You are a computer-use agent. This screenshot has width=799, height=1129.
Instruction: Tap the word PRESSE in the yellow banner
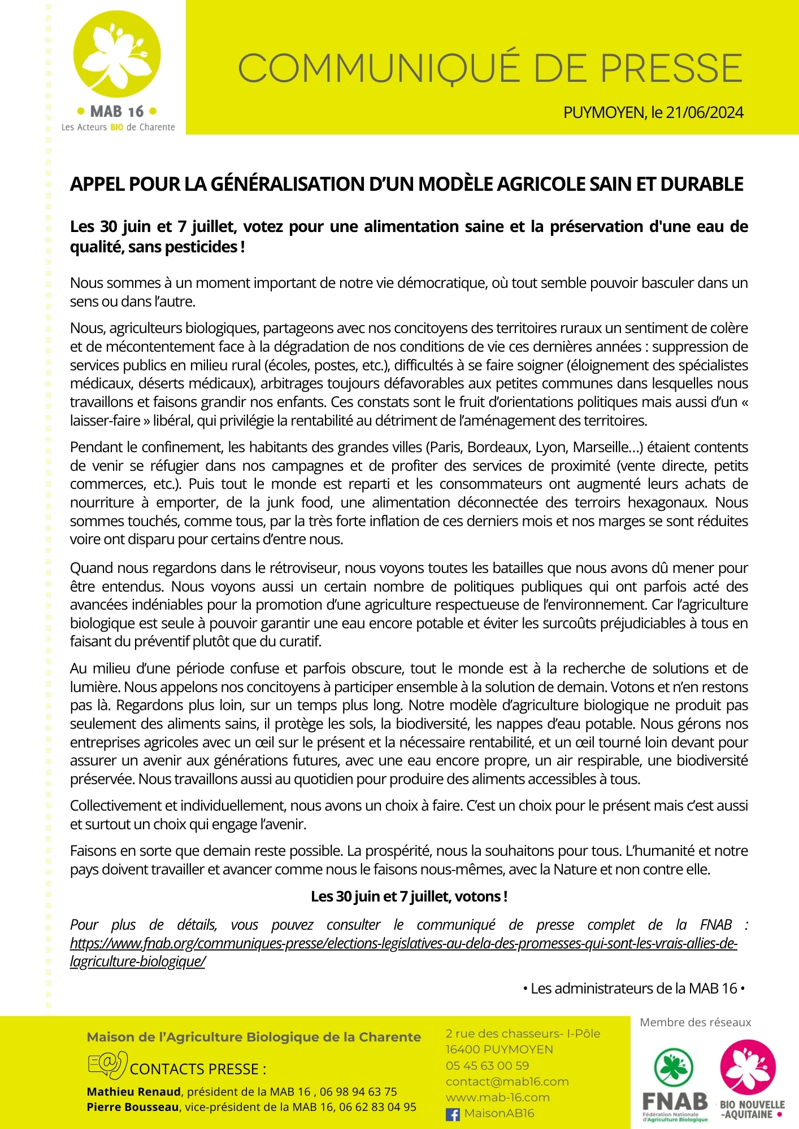pyautogui.click(x=671, y=68)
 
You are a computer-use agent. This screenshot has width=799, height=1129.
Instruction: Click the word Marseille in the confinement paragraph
pyautogui.click(x=600, y=448)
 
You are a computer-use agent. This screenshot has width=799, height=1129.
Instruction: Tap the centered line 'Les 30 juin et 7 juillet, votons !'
pyautogui.click(x=409, y=896)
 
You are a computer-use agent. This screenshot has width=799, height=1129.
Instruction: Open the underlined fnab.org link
pyautogui.click(x=403, y=944)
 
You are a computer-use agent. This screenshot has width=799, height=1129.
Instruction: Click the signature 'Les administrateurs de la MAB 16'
pyautogui.click(x=633, y=988)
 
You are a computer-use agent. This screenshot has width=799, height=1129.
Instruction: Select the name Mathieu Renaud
pyautogui.click(x=134, y=1092)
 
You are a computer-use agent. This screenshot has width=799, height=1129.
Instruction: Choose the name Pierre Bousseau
pyautogui.click(x=133, y=1108)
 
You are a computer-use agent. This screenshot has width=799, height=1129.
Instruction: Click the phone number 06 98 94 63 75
pyautogui.click(x=358, y=1092)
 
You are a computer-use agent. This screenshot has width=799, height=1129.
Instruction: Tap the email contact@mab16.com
pyautogui.click(x=499, y=1082)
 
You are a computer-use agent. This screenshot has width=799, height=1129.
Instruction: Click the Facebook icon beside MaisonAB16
pyautogui.click(x=453, y=1114)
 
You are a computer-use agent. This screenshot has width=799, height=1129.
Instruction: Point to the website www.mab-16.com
pyautogui.click(x=497, y=1097)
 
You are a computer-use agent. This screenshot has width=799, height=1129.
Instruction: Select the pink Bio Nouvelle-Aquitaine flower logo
pyautogui.click(x=748, y=1068)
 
